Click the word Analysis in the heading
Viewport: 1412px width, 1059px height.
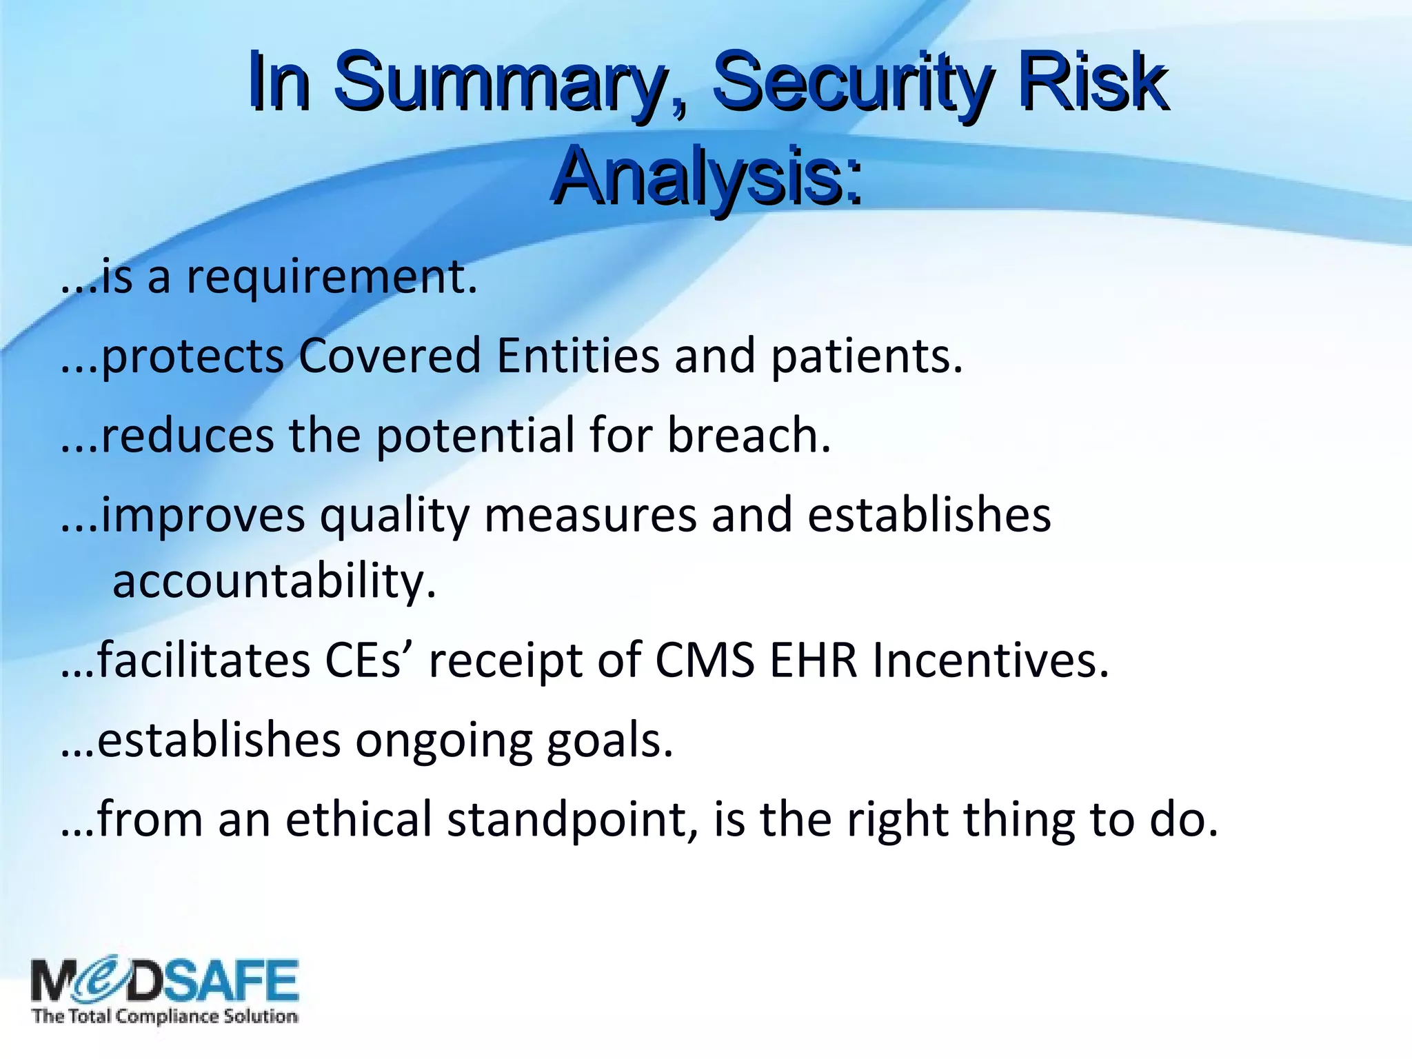706,178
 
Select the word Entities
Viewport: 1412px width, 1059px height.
578,356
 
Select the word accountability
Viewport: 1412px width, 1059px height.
274,581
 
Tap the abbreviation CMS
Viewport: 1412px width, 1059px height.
705,660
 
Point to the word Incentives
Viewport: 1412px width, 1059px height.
990,660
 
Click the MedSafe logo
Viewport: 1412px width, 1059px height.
165,980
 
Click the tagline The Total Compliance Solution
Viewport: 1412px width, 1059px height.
165,1016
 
